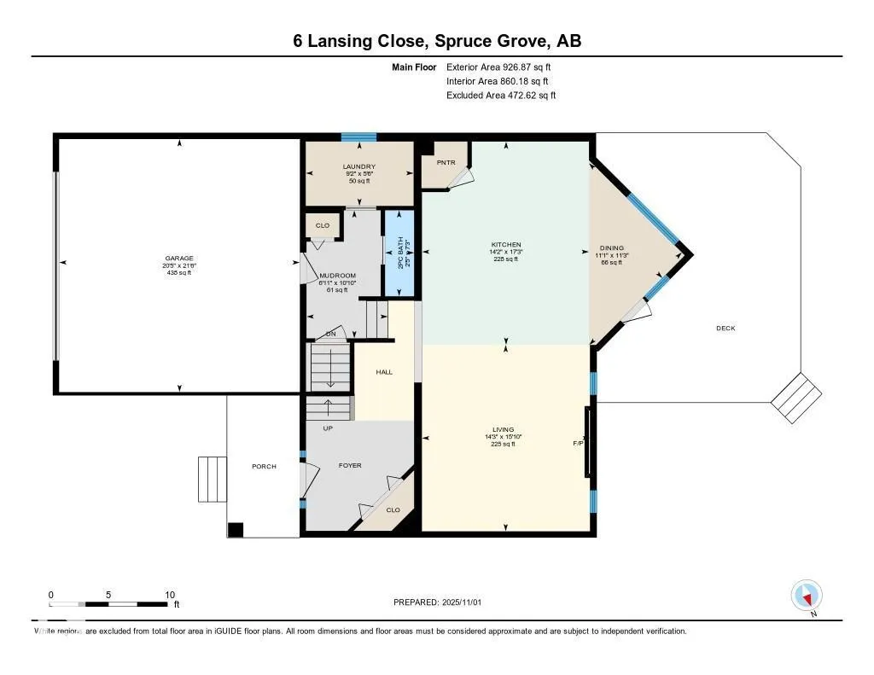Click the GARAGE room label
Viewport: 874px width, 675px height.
point(179,259)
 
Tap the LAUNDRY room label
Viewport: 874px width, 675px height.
point(359,166)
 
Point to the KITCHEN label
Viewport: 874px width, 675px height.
point(506,245)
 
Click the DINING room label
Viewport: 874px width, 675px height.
point(610,248)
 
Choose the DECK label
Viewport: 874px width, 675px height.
point(725,329)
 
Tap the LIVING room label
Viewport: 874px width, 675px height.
point(503,429)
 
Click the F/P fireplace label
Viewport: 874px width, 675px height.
point(578,444)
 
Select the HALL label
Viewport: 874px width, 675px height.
point(384,372)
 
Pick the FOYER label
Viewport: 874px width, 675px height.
point(350,465)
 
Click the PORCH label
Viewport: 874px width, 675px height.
point(264,466)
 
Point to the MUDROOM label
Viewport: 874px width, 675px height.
point(331,276)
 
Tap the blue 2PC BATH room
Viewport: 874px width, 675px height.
point(399,253)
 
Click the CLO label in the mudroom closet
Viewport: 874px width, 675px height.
point(323,225)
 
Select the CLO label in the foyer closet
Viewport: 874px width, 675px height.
point(393,509)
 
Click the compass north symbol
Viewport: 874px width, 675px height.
point(807,595)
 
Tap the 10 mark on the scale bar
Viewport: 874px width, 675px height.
point(170,595)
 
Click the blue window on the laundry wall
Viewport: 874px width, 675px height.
point(358,137)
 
